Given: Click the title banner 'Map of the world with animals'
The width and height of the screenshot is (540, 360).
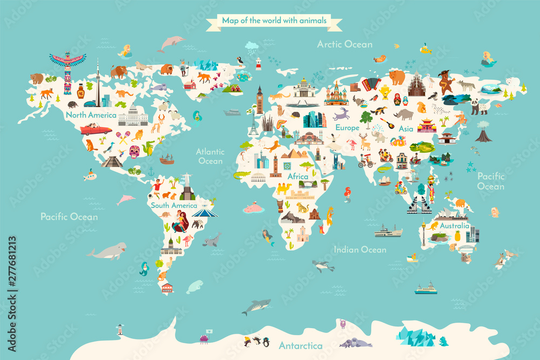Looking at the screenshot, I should (x=274, y=21).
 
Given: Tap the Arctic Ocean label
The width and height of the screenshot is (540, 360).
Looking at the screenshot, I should (x=345, y=44).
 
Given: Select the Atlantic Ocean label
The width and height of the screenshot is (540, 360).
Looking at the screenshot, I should (x=210, y=156).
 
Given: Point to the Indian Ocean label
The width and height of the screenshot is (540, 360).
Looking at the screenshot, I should (x=360, y=249).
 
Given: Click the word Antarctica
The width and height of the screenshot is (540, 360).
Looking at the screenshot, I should (x=301, y=345).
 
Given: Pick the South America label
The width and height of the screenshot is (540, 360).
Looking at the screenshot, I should (x=174, y=206).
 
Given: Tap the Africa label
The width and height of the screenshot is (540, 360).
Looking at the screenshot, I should (x=298, y=176).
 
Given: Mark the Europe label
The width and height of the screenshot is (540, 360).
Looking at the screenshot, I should (x=347, y=128).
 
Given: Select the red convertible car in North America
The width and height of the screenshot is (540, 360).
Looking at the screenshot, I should (x=96, y=130).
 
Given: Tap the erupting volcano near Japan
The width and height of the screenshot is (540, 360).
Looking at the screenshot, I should (x=483, y=132).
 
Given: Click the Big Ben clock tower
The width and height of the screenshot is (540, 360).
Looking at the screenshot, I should (x=260, y=100).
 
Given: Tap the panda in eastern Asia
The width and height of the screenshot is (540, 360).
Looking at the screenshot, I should (x=479, y=106).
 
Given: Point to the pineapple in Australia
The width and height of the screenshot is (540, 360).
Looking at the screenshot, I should (x=457, y=235).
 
